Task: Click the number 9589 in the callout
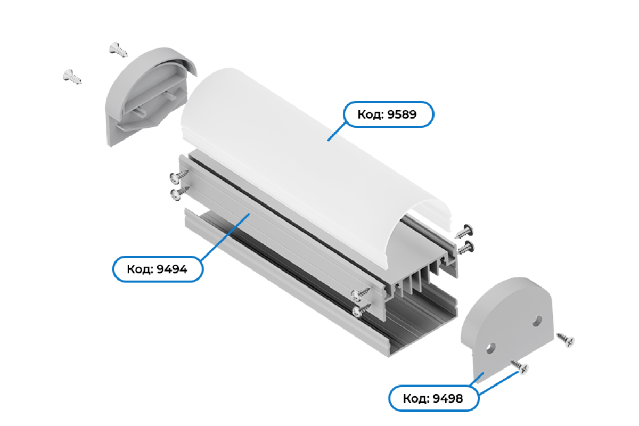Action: tap(402, 114)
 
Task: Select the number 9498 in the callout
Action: tap(448, 398)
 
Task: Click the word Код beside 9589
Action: tap(370, 114)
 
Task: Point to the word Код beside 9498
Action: tap(416, 399)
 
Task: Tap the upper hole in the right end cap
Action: tap(537, 321)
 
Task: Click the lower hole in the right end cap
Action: tap(490, 348)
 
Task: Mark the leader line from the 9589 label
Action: tap(337, 132)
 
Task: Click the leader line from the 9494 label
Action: tap(225, 237)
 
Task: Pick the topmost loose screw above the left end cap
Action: tap(118, 50)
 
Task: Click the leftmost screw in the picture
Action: tap(72, 77)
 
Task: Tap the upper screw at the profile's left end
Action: tap(179, 176)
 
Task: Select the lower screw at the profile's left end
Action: tap(180, 193)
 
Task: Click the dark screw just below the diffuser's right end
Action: tap(464, 231)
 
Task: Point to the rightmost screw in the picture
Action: tap(566, 340)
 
